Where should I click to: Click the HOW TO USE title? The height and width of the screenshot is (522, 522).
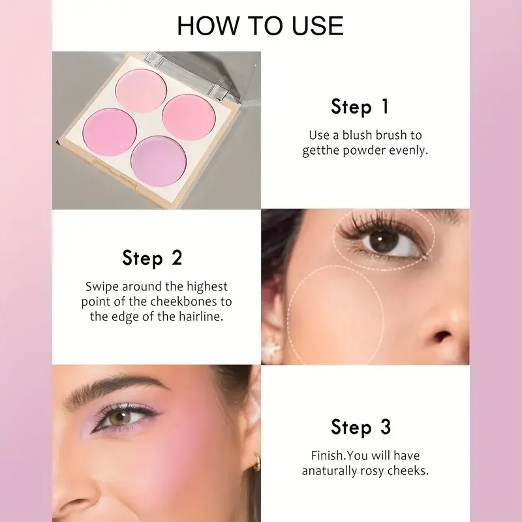point(260,25)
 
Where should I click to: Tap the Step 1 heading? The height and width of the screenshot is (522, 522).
point(360,107)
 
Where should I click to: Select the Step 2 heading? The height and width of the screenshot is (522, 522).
point(153,258)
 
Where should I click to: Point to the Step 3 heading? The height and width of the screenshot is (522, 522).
point(361,427)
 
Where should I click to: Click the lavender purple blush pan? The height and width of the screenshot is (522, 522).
point(159,161)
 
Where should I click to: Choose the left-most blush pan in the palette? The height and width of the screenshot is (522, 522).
point(110,132)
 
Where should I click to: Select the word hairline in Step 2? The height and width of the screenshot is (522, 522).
point(201,316)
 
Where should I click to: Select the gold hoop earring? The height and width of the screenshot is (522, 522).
point(255,464)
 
